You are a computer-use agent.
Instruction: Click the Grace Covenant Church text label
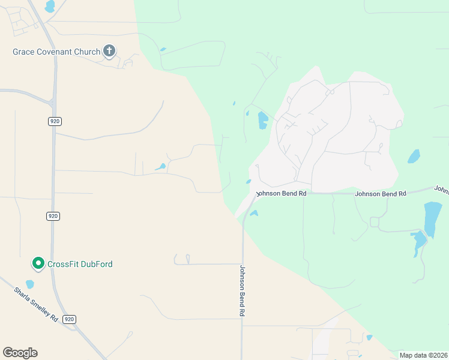(56, 52)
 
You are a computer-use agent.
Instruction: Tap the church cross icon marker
(109, 51)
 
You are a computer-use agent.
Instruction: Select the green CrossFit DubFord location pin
(38, 263)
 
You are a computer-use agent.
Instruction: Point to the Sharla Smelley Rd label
(35, 304)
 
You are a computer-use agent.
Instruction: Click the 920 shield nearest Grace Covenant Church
(55, 121)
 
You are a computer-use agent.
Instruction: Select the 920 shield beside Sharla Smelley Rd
(70, 319)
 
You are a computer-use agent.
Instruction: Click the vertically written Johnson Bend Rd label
(243, 291)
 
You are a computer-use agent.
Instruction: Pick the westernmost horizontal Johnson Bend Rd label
(282, 194)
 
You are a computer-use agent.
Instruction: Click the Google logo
(20, 353)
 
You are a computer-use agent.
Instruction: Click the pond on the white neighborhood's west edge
(262, 121)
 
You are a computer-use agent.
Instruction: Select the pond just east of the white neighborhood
(414, 157)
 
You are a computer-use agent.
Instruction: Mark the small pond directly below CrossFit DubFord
(30, 284)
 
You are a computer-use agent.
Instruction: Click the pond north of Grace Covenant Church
(50, 6)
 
